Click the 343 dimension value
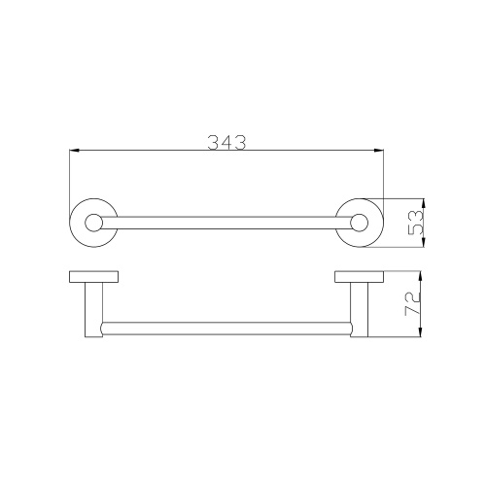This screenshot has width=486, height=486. coord(226,143)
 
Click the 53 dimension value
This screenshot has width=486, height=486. coord(415,223)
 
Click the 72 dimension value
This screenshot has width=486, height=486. coord(412,304)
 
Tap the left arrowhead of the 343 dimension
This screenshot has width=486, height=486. coord(75,151)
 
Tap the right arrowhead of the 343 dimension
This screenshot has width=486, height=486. coord(379,151)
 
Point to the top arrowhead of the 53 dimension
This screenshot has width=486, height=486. coord(424,203)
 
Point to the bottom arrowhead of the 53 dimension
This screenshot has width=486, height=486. coord(424,242)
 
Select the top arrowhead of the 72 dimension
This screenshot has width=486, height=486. coord(420,277)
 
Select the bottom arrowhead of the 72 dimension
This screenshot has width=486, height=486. coord(420,332)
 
